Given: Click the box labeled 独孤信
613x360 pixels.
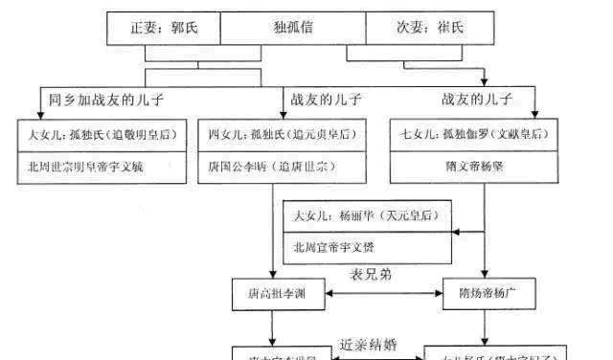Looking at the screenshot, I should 292,25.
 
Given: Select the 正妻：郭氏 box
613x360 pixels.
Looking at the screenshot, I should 162,25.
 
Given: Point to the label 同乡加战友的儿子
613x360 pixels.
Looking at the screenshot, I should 105,99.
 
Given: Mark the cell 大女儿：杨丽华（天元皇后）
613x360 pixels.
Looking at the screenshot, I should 369,217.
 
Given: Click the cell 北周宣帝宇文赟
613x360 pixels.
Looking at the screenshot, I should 369,248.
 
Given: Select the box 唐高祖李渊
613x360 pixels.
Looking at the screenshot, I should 274,293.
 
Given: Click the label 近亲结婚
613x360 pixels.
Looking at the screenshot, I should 369,345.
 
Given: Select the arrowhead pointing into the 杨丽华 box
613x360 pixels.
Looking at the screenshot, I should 458,232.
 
